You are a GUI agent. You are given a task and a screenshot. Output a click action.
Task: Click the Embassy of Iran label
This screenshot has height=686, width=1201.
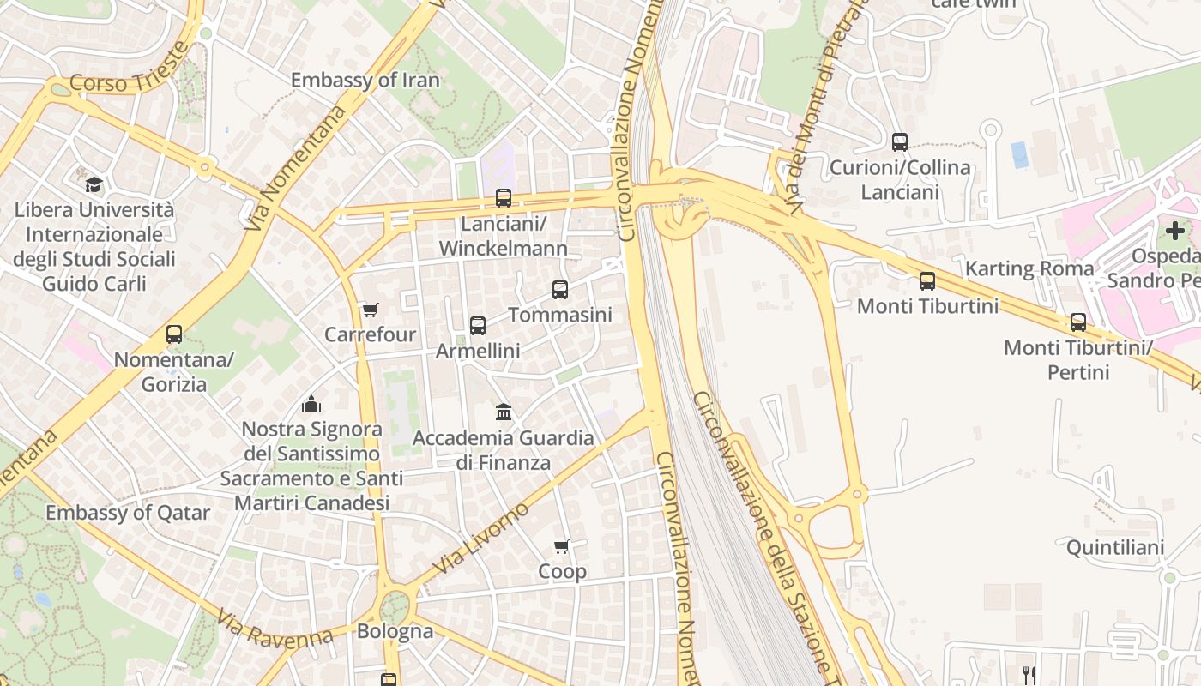365,81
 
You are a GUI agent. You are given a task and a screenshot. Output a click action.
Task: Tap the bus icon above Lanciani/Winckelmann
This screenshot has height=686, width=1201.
504,198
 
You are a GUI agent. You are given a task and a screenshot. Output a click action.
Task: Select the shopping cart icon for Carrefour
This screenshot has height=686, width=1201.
370,310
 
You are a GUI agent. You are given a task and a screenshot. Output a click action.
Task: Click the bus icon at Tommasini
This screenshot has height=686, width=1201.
560,290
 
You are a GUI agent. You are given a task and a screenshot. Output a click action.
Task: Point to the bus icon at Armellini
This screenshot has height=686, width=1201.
478,326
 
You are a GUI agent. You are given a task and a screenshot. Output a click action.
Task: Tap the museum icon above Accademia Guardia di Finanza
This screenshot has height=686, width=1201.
504,412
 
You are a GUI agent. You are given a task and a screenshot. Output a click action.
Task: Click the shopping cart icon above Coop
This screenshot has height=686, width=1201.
562,546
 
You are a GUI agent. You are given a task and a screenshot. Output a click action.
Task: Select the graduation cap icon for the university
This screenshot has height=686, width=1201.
94,184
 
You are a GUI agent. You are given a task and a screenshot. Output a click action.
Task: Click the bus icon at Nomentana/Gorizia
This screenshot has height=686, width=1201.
174,334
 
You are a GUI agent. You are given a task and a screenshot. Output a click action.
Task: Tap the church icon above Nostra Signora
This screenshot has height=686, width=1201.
311,403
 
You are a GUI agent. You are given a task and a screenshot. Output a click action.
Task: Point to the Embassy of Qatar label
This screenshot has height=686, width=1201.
128,513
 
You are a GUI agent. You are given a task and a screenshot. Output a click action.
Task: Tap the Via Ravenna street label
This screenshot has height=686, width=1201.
274,629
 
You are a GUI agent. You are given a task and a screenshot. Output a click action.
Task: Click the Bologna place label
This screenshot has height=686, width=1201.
395,631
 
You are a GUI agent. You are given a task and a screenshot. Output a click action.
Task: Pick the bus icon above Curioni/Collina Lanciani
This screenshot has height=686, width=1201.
900,142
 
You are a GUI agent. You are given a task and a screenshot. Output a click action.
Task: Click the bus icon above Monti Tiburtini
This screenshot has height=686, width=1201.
927,281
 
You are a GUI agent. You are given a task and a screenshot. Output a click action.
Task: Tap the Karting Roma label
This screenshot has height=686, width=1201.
1029,268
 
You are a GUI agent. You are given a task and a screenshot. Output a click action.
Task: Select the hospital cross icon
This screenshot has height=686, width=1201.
1175,230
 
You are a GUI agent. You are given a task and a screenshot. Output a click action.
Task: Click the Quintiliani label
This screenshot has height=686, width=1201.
1114,547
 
